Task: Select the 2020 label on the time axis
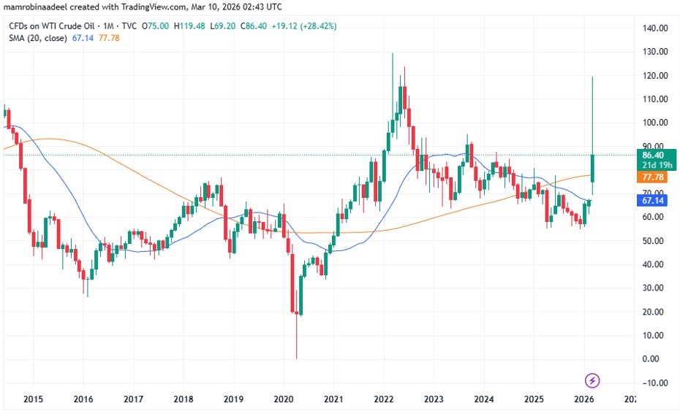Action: coord(283,399)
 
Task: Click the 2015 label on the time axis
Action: coord(33,399)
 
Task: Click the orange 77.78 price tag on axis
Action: coord(652,177)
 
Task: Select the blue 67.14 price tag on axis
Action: coord(652,200)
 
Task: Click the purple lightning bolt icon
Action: coord(593,380)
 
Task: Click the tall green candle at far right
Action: coord(592,168)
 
